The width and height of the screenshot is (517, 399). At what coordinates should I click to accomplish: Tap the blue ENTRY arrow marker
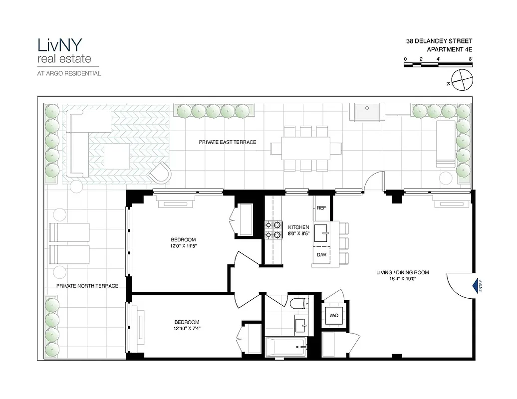click(x=475, y=286)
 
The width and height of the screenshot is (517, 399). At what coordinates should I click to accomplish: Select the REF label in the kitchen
click(x=321, y=208)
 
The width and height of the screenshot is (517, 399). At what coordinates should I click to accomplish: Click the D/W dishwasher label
click(x=321, y=255)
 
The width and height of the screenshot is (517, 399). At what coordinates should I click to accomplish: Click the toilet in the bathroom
click(x=298, y=304)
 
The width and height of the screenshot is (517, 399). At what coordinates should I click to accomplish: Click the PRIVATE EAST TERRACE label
click(x=227, y=142)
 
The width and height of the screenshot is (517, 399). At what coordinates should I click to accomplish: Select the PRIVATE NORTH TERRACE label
click(x=87, y=286)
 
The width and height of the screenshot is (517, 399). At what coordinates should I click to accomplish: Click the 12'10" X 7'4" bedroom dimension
click(x=187, y=328)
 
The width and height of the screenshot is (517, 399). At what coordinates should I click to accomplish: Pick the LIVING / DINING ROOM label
click(x=403, y=272)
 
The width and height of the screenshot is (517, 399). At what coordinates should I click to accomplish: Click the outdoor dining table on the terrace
click(x=300, y=148)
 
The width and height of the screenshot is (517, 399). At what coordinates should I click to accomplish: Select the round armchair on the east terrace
click(x=162, y=173)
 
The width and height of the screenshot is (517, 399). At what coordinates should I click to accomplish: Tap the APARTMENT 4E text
click(x=449, y=49)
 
